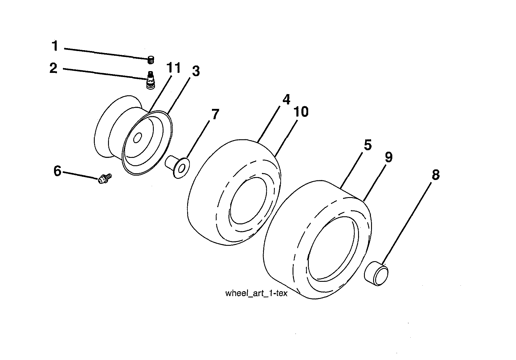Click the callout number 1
coord(55,46)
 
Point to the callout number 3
coord(195,71)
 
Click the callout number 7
coord(215,114)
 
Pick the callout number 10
coord(301,112)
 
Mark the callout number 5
coord(367,145)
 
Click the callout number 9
coord(388,157)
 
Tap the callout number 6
coord(57,171)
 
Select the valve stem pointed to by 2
coord(151,80)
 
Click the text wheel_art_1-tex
coord(256,294)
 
